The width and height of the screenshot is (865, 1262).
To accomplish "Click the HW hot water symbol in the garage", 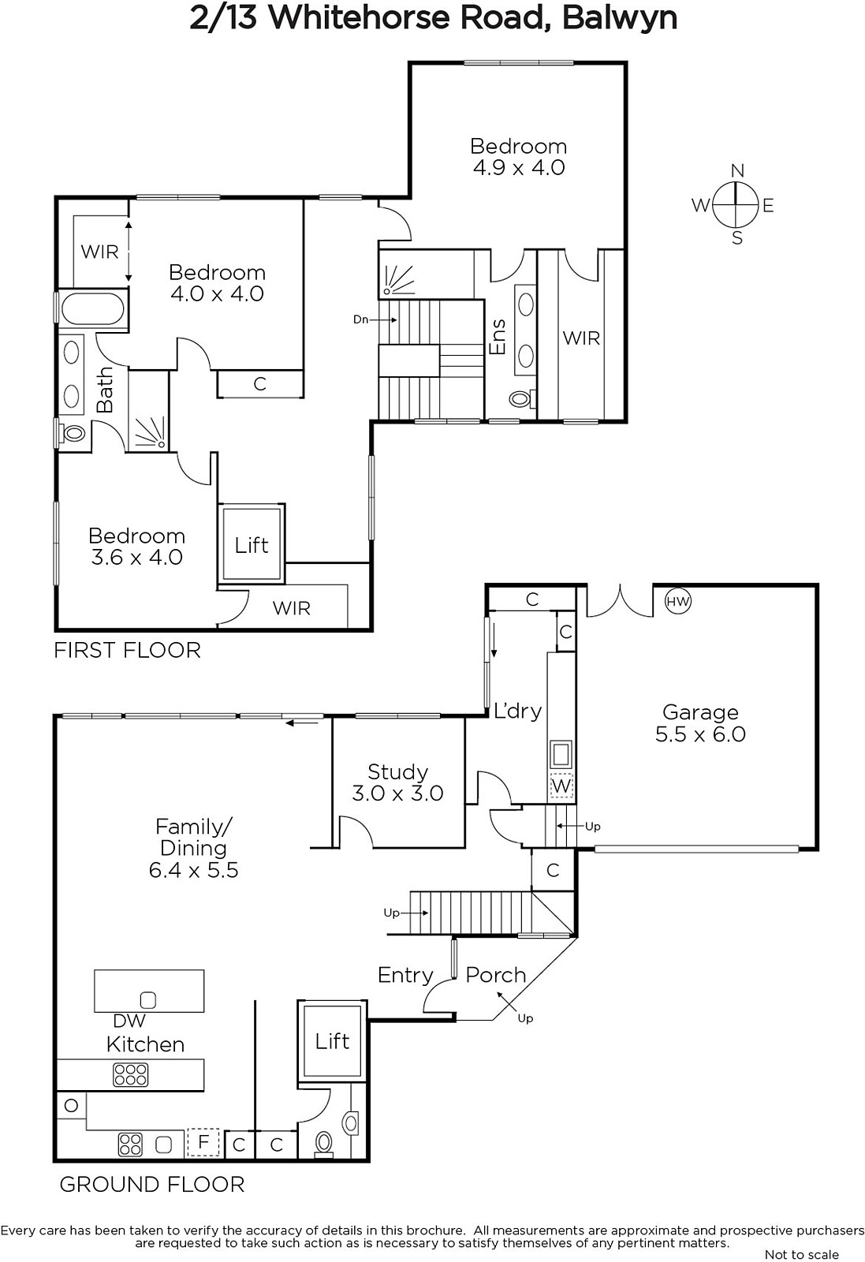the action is (x=678, y=601).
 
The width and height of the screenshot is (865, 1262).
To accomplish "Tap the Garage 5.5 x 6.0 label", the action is (x=700, y=723).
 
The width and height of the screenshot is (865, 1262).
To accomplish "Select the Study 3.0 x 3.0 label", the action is (x=397, y=782).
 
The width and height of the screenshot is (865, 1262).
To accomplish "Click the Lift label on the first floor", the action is (x=252, y=545).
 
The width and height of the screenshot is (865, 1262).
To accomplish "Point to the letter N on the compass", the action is (x=737, y=170).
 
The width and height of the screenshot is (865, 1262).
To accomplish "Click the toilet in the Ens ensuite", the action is (x=521, y=399).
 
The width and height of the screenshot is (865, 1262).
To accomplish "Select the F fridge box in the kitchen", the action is (x=203, y=1142).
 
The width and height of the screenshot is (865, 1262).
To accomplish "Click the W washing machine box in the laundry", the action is (x=561, y=786).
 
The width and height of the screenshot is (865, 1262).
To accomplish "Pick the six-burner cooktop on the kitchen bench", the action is (x=131, y=1074).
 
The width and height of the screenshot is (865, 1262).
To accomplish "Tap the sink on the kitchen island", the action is (x=147, y=1000).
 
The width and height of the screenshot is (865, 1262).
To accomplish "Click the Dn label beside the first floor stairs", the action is (x=360, y=319).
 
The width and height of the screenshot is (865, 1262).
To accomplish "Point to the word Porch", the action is (x=495, y=975).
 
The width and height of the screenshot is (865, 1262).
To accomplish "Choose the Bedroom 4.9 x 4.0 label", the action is (x=519, y=157).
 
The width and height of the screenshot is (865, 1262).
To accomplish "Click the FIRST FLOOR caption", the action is (x=127, y=650).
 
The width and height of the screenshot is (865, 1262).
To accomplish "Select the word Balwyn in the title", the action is (x=620, y=19).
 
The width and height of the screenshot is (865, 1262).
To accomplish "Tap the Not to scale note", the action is (x=801, y=1254).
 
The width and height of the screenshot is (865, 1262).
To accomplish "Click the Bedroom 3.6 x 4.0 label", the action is (x=136, y=547).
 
